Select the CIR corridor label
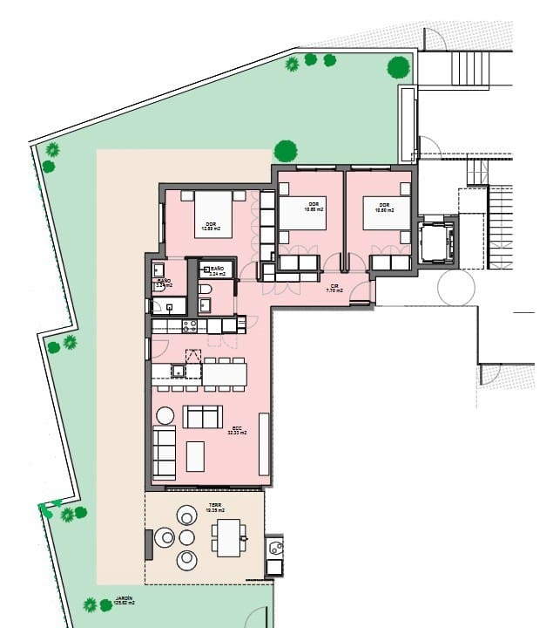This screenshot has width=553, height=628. point(333,286)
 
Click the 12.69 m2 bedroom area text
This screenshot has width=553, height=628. point(212,229)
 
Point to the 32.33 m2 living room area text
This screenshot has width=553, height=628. point(236,431)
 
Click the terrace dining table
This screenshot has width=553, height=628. point(228,537)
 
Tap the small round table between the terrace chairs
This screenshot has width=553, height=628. point(186,537)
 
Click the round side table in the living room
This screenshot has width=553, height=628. point(165,415)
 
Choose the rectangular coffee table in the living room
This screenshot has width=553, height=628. point(196,456)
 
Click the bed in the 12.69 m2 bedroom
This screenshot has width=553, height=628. point(212,214)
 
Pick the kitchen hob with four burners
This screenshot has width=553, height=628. point(189,325)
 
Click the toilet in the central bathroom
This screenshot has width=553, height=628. point(204,290)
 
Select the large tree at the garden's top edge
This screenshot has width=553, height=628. point(398,65)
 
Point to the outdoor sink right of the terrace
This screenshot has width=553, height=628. point(275,549)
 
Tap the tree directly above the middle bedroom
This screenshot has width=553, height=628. point(286,151)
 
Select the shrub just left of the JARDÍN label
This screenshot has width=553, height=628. point(90,604)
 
